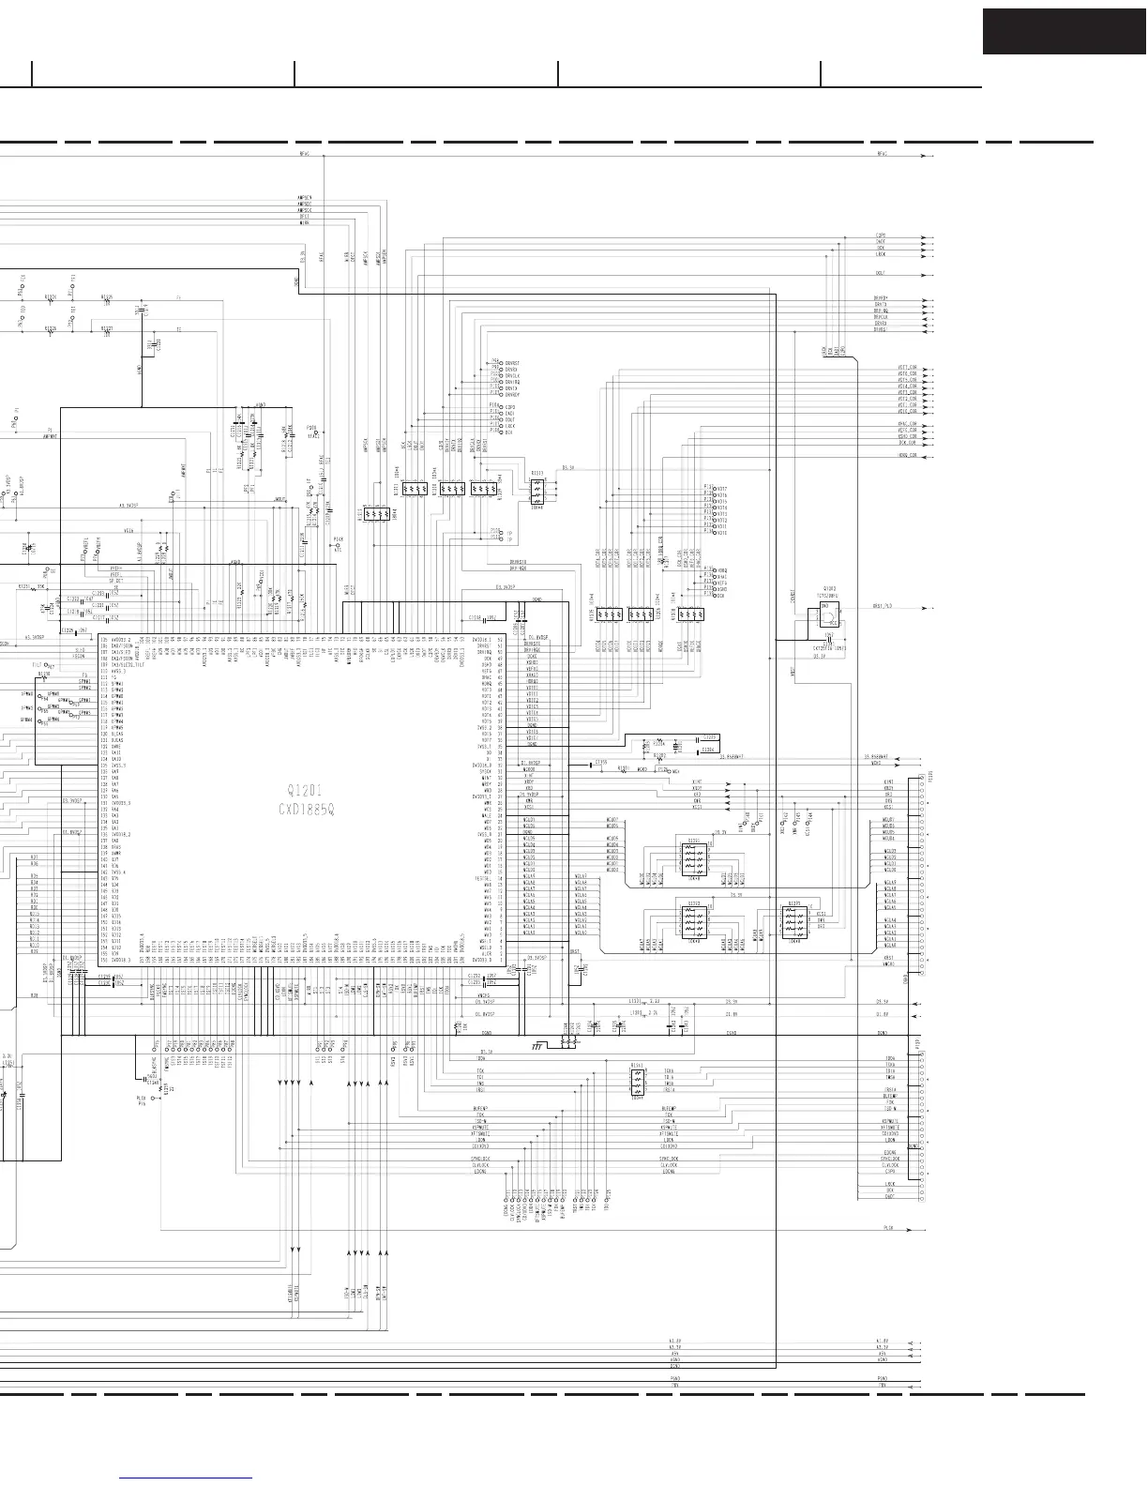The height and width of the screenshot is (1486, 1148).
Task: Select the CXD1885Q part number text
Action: (x=307, y=809)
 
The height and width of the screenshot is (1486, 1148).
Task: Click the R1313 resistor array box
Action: (x=536, y=489)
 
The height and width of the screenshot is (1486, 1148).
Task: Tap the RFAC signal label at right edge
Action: (x=882, y=154)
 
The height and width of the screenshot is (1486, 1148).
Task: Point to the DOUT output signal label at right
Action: (x=880, y=274)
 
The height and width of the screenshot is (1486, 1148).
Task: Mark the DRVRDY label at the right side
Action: (x=880, y=298)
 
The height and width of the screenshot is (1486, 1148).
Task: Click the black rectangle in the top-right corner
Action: (x=1064, y=31)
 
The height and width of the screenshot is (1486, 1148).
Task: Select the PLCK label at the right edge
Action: (x=887, y=1227)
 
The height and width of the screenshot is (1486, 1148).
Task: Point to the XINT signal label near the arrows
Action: (x=696, y=781)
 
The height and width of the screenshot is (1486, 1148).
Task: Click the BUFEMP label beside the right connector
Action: (x=889, y=1095)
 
